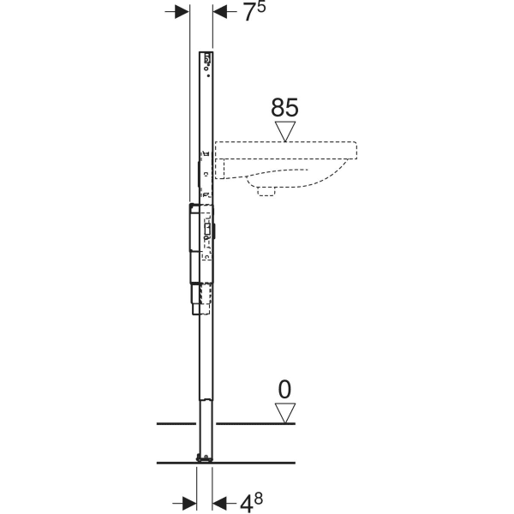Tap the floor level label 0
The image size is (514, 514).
click(284, 390)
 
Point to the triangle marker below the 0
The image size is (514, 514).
click(284, 412)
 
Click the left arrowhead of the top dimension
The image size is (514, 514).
click(182, 12)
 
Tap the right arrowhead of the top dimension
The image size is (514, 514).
click(220, 12)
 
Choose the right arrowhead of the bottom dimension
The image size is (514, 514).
click(218, 499)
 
